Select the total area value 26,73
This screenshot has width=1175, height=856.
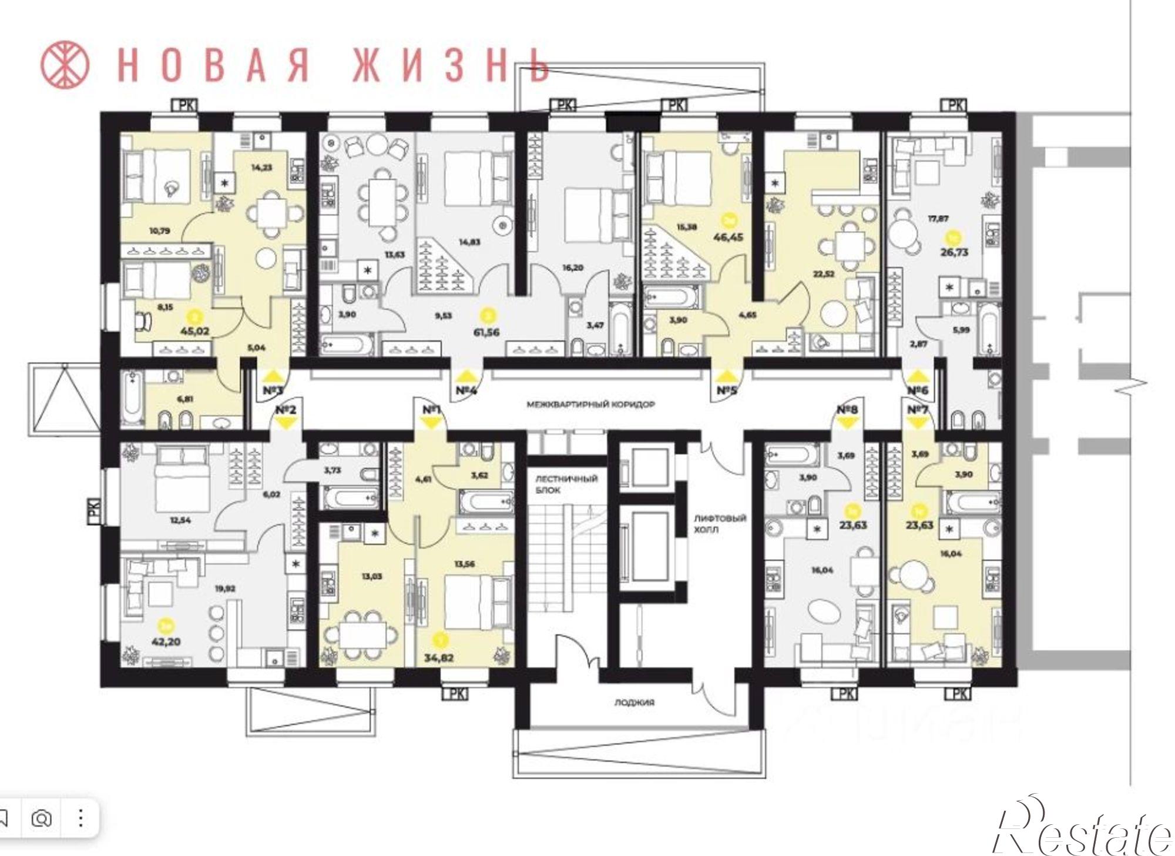pyautogui.click(x=953, y=252)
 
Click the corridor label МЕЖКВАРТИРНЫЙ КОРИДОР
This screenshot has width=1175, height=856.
pyautogui.click(x=590, y=404)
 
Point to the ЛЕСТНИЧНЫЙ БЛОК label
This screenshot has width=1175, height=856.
pyautogui.click(x=566, y=484)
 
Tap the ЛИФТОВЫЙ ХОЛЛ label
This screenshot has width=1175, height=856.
pyautogui.click(x=720, y=524)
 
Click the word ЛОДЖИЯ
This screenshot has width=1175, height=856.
pyautogui.click(x=634, y=703)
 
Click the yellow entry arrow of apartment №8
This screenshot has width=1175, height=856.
pyautogui.click(x=848, y=422)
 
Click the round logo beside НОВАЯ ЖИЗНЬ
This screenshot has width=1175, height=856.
pyautogui.click(x=65, y=63)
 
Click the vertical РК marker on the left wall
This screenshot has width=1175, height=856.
pyautogui.click(x=95, y=510)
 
